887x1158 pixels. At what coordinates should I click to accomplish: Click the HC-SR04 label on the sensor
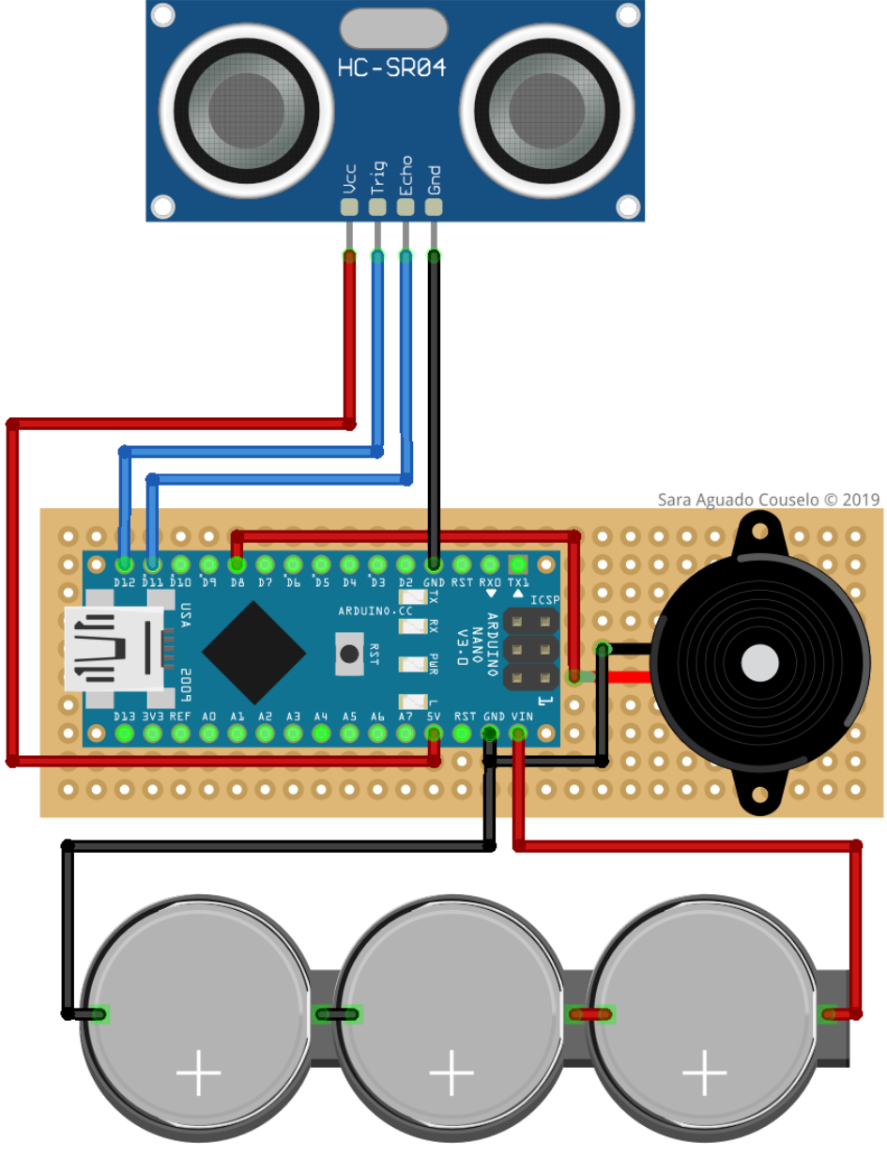391,68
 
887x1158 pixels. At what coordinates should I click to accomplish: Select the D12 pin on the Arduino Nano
124,564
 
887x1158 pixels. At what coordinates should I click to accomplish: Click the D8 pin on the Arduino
237,564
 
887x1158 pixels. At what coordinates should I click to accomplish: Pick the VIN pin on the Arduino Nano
518,733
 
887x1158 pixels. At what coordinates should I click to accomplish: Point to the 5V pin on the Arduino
434,733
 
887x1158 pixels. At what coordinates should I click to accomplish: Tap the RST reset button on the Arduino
350,653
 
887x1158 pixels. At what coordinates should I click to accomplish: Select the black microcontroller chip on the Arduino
253,653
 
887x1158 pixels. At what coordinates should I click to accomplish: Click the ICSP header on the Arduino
531,648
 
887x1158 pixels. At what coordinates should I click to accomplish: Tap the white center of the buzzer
760,663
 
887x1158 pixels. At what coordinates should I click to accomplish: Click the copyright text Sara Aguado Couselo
768,500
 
